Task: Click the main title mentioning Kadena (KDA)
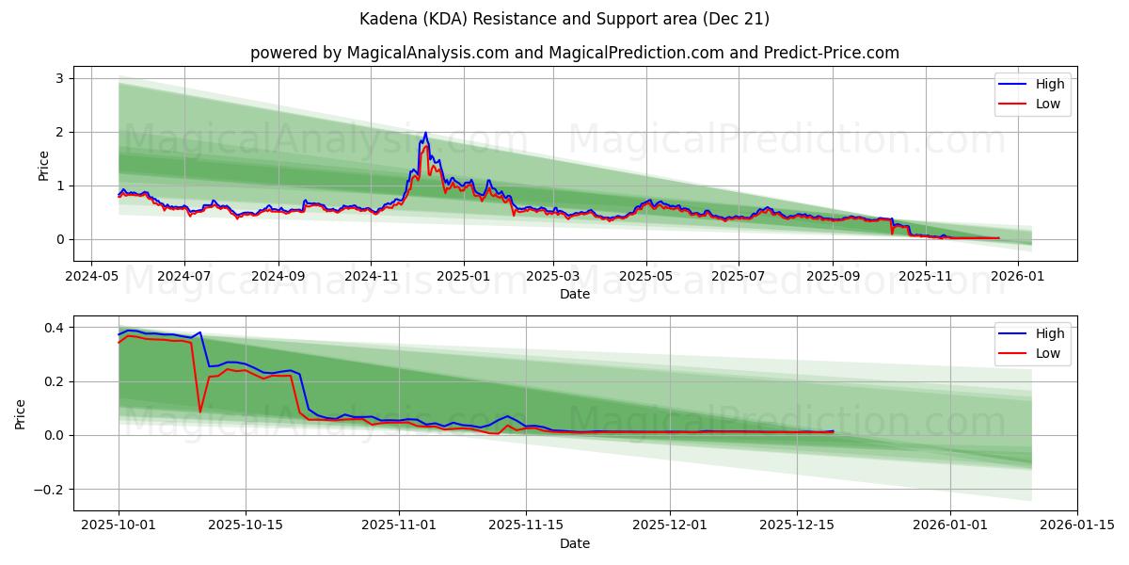[564, 19]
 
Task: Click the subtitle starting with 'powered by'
[574, 53]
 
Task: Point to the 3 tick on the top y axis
[58, 78]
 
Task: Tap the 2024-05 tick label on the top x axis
[90, 277]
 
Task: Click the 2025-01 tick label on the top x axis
[463, 277]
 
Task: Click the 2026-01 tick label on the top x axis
[1019, 277]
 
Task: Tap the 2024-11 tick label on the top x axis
[371, 277]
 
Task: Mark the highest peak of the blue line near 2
[425, 133]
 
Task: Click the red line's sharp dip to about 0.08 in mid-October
[199, 412]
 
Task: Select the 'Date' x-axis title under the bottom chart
[574, 543]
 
